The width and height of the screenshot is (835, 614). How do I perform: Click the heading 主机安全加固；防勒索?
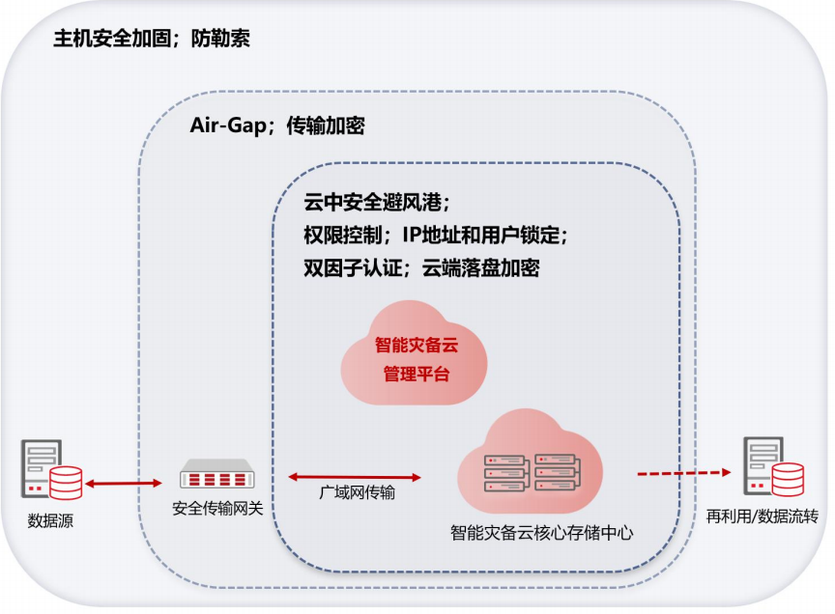153,41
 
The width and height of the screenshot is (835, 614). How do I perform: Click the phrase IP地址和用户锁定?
482,236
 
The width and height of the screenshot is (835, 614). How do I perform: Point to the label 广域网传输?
357,493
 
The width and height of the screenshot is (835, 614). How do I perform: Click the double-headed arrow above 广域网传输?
356,476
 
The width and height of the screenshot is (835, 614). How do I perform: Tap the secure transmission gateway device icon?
218,477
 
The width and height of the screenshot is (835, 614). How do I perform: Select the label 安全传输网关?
217,509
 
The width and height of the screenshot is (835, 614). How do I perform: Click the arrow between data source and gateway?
123,483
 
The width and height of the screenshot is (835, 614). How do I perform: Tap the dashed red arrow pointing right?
682,473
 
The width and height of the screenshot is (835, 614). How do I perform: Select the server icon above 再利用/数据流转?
771,469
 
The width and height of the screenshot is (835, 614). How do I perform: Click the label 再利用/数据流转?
763,516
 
